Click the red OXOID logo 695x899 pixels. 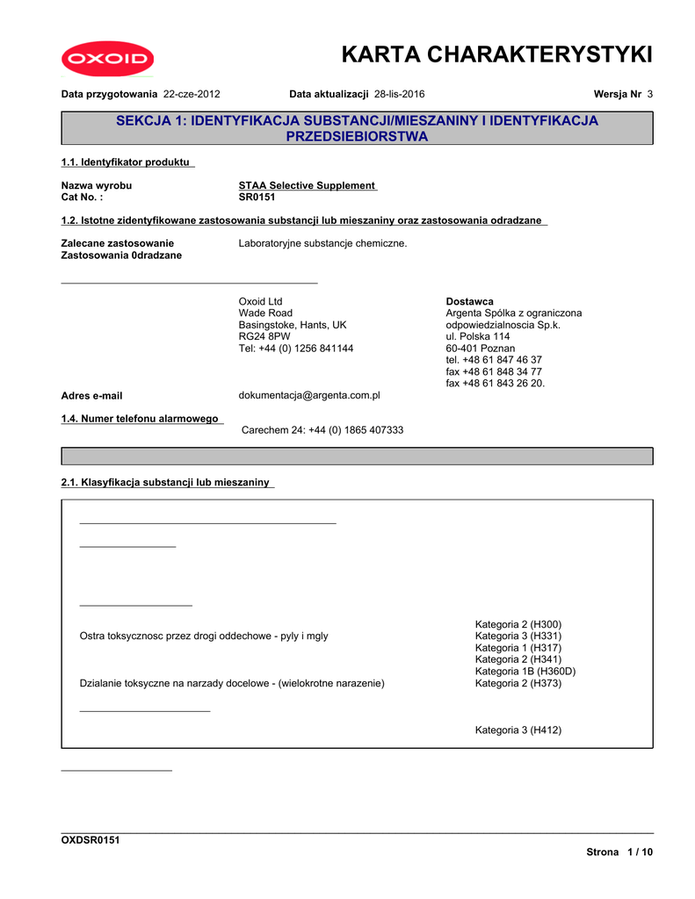pyautogui.click(x=108, y=60)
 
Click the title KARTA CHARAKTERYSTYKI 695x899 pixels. pyautogui.click(x=496, y=54)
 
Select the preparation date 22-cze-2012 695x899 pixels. pyautogui.click(x=192, y=94)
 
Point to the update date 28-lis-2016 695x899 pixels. pyautogui.click(x=400, y=94)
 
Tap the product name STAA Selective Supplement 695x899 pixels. pyautogui.click(x=307, y=185)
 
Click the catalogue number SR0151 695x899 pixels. pyautogui.click(x=257, y=198)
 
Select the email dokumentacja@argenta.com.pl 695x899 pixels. pyautogui.click(x=309, y=396)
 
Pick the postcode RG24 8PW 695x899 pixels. pyautogui.click(x=264, y=336)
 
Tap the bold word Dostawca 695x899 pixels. pyautogui.click(x=469, y=301)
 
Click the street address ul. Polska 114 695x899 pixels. pyautogui.click(x=478, y=336)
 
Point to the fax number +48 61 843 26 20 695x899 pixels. pyautogui.click(x=495, y=384)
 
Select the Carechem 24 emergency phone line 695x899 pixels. pyautogui.click(x=322, y=430)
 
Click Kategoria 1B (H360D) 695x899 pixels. pyautogui.click(x=525, y=672)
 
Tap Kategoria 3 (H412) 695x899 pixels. pyautogui.click(x=518, y=730)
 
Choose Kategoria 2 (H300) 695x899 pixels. pyautogui.click(x=518, y=624)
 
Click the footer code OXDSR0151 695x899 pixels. pyautogui.click(x=90, y=840)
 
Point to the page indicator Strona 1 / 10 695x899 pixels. pyautogui.click(x=619, y=852)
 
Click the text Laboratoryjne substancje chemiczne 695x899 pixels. pyautogui.click(x=322, y=243)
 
